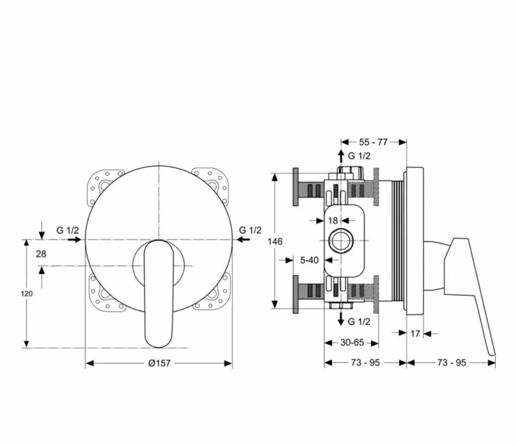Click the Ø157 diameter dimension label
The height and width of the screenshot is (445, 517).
(x=159, y=363)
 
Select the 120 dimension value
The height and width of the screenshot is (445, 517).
(x=27, y=293)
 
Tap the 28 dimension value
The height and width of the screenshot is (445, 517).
(x=41, y=254)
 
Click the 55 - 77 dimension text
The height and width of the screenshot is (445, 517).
(x=373, y=142)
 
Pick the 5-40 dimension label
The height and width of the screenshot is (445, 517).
(x=309, y=260)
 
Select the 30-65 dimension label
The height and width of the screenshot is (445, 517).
(x=352, y=342)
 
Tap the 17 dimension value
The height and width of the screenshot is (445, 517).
(x=415, y=334)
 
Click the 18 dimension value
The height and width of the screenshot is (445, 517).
(x=333, y=220)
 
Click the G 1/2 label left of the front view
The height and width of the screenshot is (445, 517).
(x=68, y=230)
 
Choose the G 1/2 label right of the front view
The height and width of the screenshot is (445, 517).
(x=250, y=230)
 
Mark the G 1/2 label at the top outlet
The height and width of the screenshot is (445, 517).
(x=359, y=156)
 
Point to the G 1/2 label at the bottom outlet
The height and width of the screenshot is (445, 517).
(x=359, y=321)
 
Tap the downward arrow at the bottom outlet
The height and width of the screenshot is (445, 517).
(x=341, y=319)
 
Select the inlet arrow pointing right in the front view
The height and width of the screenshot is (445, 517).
(x=74, y=240)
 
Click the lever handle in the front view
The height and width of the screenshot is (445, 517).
(x=159, y=292)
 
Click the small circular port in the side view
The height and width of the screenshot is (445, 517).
(x=341, y=241)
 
